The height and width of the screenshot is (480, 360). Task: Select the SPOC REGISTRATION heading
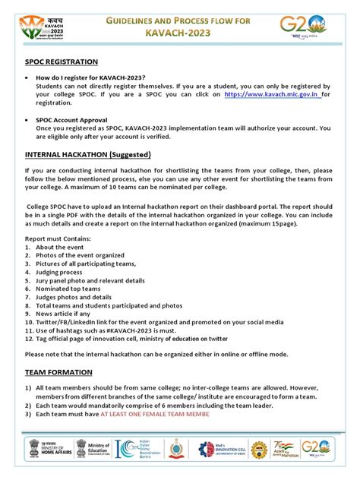[x=61, y=61]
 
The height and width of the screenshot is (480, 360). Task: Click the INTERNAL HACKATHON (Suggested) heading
[x=88, y=154]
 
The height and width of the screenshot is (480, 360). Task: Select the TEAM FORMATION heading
[x=58, y=372]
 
